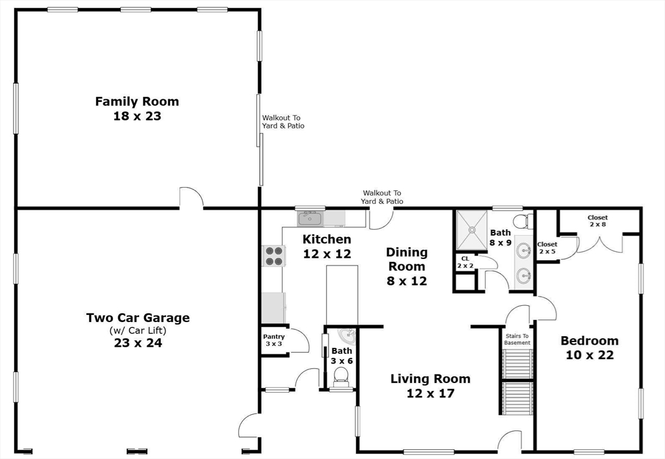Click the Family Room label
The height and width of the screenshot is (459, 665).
137,108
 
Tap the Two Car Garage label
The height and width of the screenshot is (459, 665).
138,330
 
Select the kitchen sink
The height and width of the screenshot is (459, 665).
310,219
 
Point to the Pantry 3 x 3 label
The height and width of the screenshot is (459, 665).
274,340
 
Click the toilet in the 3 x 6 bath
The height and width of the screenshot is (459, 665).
342,377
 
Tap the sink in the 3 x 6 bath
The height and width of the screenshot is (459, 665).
349,336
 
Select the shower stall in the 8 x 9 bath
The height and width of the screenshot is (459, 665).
471,230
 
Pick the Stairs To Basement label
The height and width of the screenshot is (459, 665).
517,340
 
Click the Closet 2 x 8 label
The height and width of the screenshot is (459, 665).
597,221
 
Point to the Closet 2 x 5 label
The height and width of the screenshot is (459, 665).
547,248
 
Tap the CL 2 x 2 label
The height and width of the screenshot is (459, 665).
465,262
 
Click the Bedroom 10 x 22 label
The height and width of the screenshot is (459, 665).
590,347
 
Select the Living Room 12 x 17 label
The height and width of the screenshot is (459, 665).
431,386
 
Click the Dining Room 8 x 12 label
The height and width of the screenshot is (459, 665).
407,266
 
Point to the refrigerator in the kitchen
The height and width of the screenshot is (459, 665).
273,308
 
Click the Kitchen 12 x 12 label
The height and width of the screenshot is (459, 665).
327,246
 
